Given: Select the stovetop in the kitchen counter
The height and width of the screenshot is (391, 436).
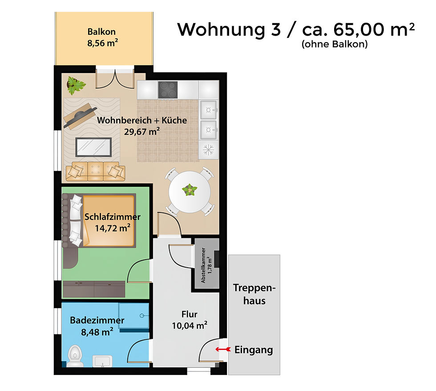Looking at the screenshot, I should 169,90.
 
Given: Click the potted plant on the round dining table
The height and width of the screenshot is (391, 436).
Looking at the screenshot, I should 190,190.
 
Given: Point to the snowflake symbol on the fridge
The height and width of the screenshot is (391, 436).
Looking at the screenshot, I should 208,150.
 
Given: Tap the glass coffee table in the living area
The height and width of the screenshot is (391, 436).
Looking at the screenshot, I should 93,147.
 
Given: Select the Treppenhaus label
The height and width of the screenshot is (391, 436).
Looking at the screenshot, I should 254,294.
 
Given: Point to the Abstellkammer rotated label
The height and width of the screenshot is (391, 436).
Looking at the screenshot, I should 206,266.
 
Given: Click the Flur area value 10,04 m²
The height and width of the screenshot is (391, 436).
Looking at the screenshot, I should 190,326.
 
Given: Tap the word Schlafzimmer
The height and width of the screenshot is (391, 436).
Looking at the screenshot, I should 112,217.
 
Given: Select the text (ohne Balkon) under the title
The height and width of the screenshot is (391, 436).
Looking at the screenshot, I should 334,44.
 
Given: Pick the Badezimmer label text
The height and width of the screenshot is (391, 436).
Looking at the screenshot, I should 97,320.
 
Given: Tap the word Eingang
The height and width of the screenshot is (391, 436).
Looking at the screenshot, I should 254,350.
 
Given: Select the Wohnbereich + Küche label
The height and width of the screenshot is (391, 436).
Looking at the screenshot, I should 142,120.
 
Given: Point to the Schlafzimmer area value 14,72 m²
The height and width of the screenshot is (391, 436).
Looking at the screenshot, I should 112,228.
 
